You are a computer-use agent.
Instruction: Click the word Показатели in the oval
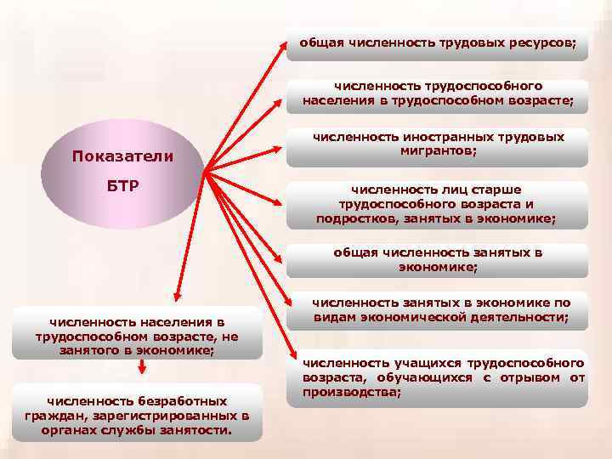click(x=122, y=156)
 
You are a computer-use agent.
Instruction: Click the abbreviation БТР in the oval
click(x=122, y=185)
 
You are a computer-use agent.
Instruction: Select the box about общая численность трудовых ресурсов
click(x=437, y=45)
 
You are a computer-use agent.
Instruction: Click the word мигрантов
click(x=437, y=150)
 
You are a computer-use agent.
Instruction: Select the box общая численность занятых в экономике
click(x=437, y=260)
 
